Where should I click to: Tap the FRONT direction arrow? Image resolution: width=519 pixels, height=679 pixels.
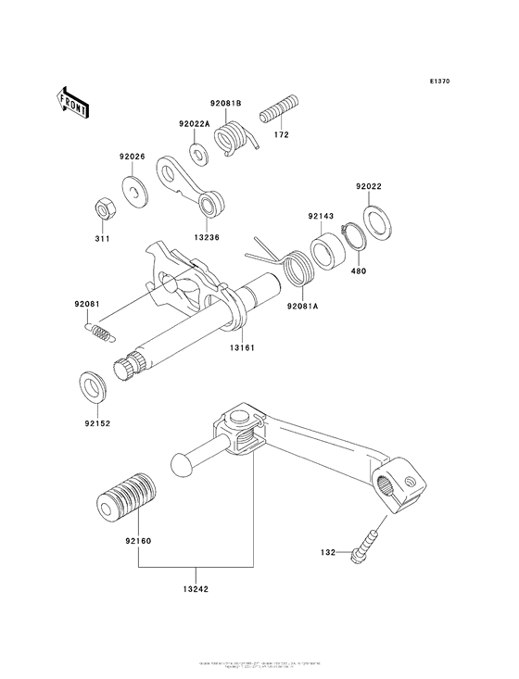click(72, 101)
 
